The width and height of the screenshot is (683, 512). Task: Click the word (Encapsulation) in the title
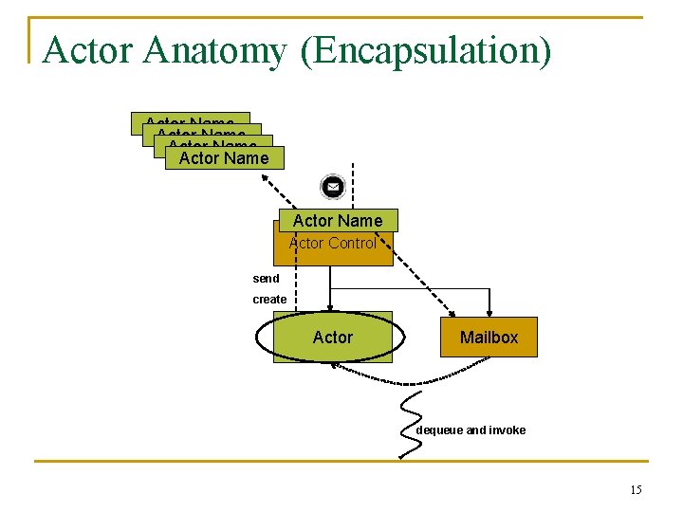(x=425, y=51)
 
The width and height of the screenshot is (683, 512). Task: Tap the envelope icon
(x=333, y=187)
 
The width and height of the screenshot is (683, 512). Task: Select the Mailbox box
(x=489, y=337)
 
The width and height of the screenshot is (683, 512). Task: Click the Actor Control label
(x=333, y=244)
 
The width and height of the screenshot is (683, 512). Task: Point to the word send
(x=266, y=279)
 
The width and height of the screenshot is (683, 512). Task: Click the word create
(x=269, y=300)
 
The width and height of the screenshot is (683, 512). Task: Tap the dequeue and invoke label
(x=471, y=430)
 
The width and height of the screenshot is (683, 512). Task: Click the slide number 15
(x=635, y=489)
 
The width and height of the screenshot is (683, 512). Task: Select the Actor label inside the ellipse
(x=332, y=338)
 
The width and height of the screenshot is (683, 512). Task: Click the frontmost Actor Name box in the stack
(x=224, y=158)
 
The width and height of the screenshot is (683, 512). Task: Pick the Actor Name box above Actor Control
(x=338, y=221)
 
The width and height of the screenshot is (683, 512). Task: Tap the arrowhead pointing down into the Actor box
(x=330, y=306)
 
